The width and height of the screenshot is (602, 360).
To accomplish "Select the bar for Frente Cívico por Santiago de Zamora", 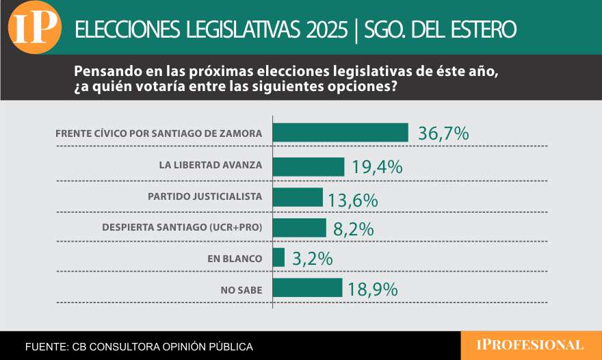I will click(x=340, y=133).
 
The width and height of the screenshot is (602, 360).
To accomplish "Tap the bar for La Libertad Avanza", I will click(x=308, y=166).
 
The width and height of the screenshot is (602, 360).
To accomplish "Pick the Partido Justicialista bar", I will click(x=298, y=197).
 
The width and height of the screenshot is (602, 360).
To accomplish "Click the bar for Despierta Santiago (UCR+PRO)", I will click(x=299, y=228).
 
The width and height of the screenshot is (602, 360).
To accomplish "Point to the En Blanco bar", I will click(x=278, y=258).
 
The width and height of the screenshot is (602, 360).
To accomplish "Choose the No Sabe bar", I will click(x=307, y=288).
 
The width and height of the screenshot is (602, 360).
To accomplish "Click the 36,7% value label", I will click(x=443, y=133).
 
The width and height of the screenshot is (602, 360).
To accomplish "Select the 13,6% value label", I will click(x=353, y=200).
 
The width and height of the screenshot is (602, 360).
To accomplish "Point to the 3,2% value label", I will click(x=312, y=259).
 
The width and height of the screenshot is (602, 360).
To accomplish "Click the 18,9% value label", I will click(x=373, y=290).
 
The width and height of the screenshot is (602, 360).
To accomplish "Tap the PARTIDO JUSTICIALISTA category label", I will click(x=205, y=196).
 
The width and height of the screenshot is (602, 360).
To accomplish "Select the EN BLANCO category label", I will click(x=235, y=259).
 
